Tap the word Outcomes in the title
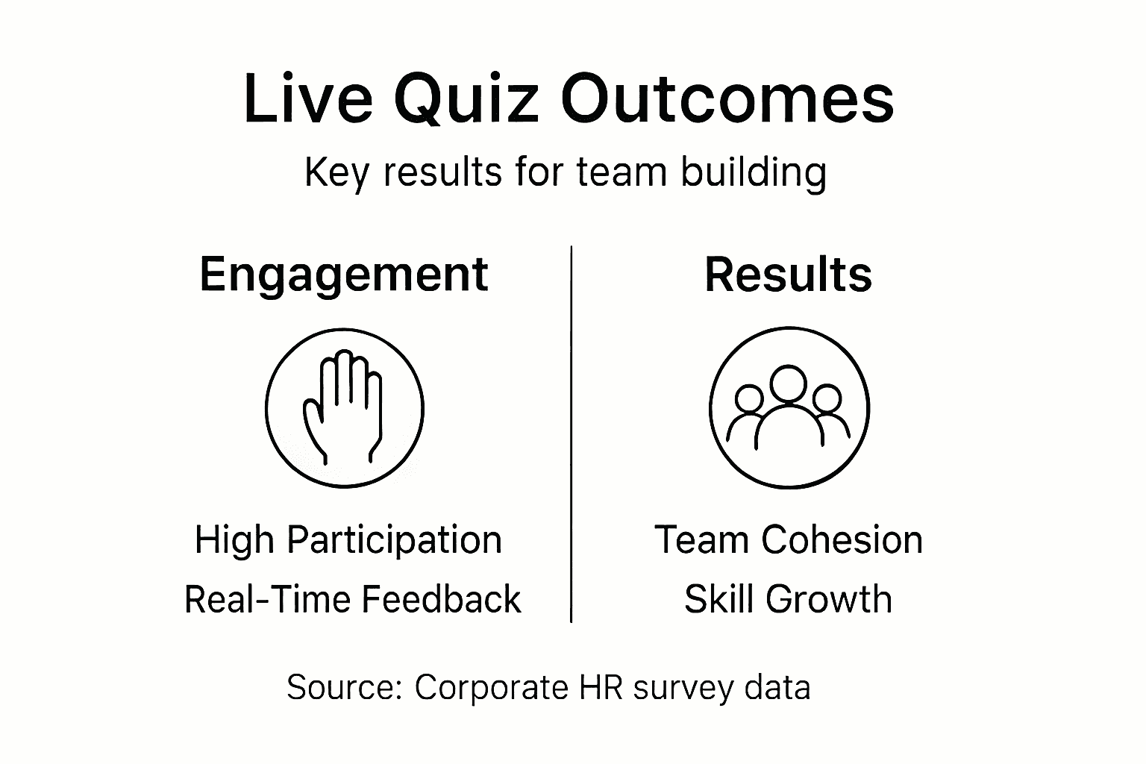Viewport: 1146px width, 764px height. [x=727, y=99]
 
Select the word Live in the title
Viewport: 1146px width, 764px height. [x=307, y=99]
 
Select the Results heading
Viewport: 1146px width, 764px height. [x=788, y=275]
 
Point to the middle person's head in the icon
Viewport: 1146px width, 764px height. [x=789, y=382]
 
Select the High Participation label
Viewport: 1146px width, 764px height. [x=348, y=539]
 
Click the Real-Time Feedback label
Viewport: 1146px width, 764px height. [x=352, y=599]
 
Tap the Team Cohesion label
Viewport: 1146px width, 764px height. [x=789, y=539]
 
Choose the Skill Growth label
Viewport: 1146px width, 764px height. [x=788, y=599]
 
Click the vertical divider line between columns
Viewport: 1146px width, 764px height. [x=572, y=433]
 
